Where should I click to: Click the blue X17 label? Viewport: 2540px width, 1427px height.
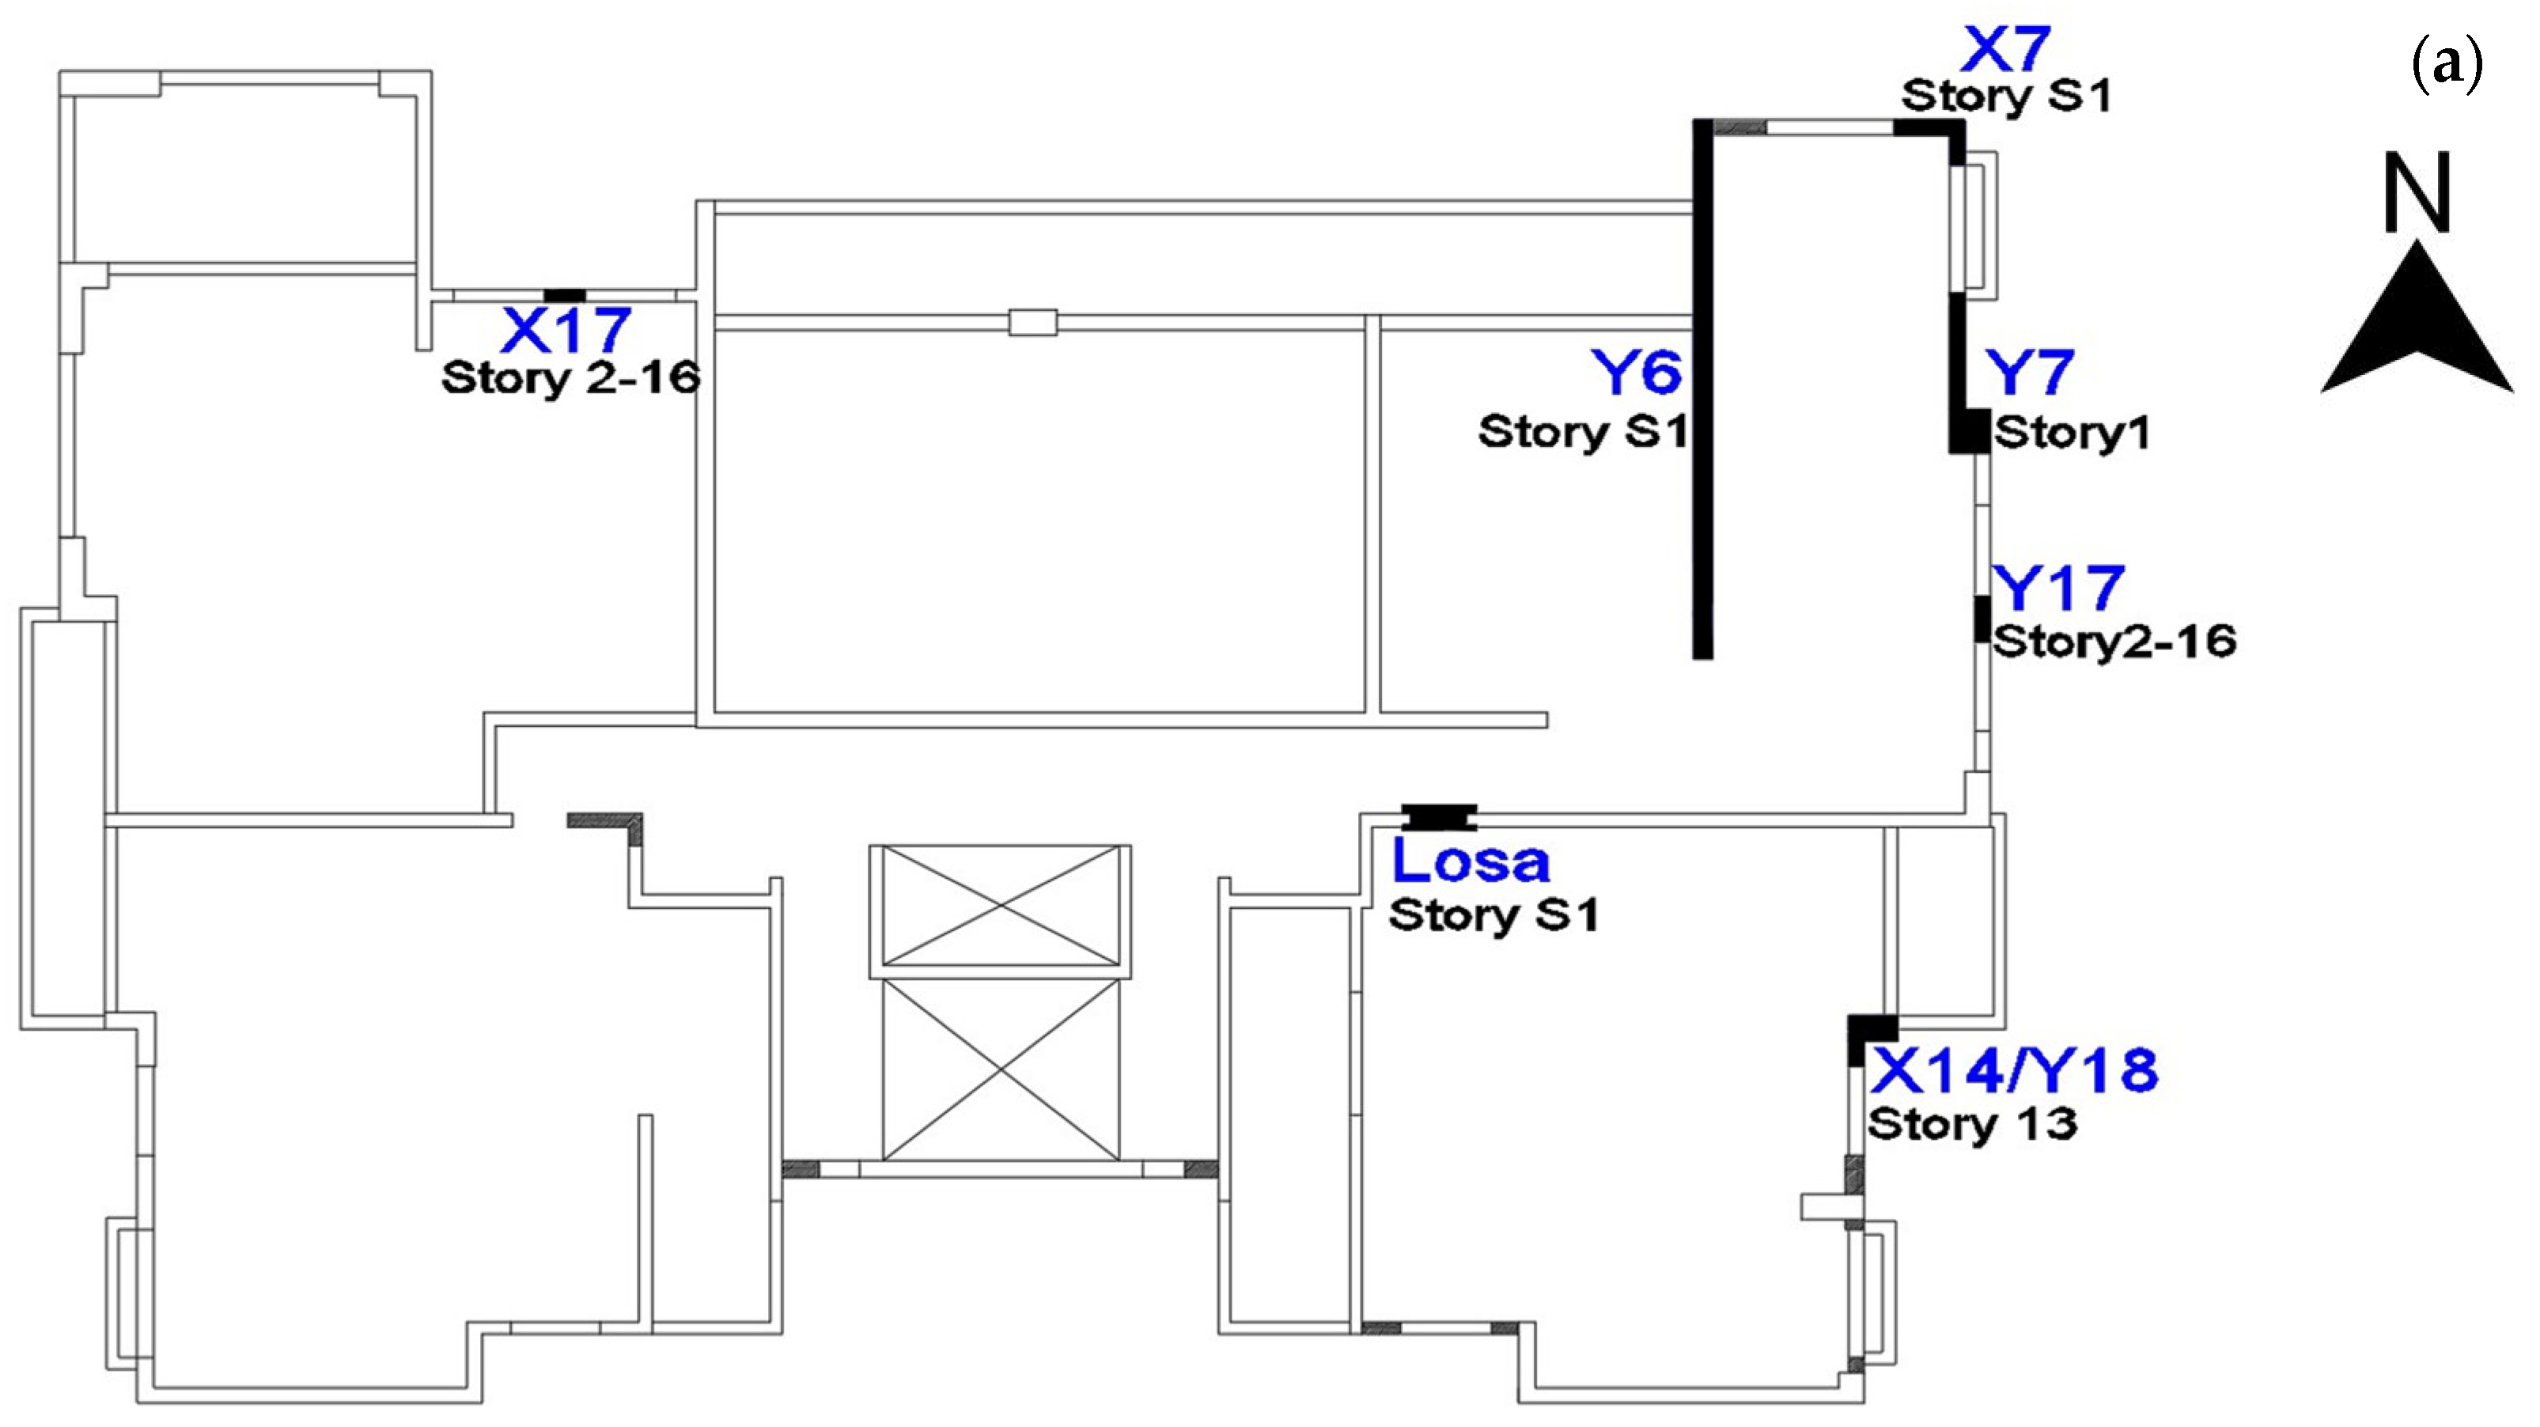(566, 331)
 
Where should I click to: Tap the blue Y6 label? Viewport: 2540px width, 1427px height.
(1636, 373)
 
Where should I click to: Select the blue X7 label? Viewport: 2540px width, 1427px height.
(2004, 49)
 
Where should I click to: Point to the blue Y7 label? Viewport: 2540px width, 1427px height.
(2029, 373)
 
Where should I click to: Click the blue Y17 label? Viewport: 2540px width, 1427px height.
(2057, 589)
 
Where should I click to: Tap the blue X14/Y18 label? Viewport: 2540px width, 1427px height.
(2013, 1071)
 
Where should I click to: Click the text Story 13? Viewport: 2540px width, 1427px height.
(1972, 1124)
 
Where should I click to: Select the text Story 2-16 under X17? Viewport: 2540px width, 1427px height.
(571, 377)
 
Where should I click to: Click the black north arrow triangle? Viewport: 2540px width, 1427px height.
(2416, 335)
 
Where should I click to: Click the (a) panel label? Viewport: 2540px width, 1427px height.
(2447, 66)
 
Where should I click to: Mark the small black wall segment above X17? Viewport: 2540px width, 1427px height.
(565, 296)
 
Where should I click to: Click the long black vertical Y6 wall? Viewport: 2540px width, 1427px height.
(1703, 395)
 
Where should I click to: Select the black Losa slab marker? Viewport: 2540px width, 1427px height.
(1440, 816)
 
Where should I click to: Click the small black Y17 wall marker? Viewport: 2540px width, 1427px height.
(1981, 619)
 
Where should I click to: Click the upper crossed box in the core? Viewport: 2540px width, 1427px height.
(1000, 905)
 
